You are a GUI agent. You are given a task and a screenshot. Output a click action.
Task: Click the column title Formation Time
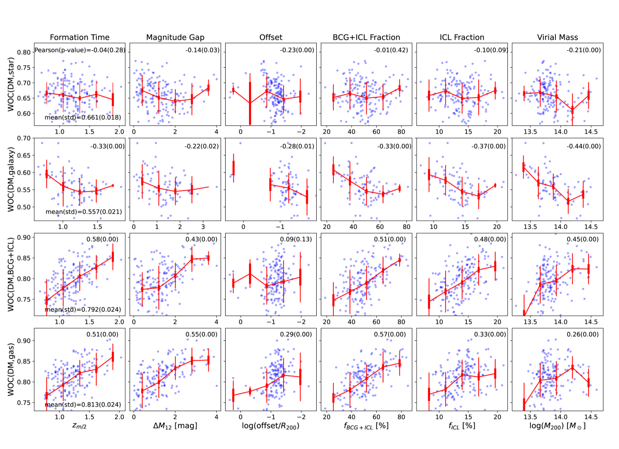[79, 37]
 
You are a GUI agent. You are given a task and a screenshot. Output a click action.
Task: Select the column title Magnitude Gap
[175, 37]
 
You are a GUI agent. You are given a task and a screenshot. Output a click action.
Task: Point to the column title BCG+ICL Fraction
[367, 37]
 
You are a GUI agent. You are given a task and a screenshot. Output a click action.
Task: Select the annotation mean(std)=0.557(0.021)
[76, 212]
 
